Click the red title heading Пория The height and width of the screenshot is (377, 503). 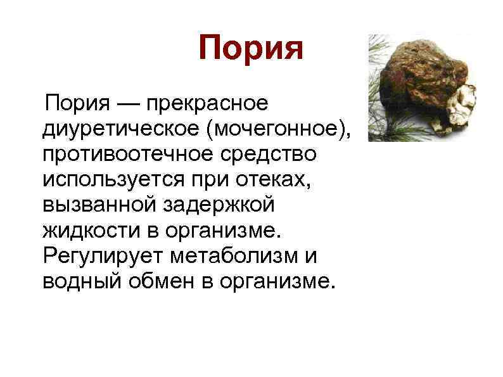(x=251, y=48)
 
